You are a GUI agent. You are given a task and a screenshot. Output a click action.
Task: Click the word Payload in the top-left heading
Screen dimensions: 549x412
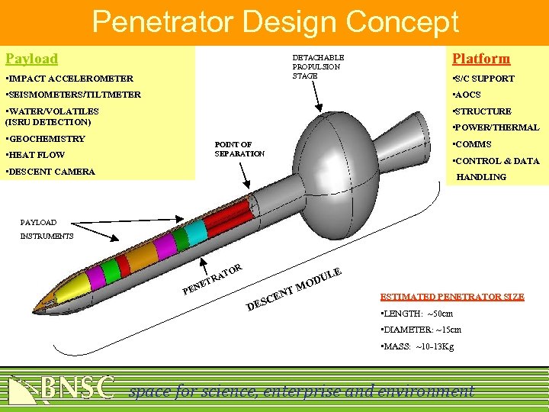[31, 59]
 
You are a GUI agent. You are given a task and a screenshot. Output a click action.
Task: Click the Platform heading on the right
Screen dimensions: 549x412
[480, 59]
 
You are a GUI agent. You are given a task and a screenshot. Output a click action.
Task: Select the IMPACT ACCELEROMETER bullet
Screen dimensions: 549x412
[69, 79]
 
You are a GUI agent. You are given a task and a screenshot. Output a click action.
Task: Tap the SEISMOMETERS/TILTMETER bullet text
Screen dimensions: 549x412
[73, 95]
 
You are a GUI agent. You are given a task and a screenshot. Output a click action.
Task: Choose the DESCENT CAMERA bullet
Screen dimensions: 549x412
[50, 172]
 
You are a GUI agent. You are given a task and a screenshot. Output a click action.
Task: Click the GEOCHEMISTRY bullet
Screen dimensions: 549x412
[45, 139]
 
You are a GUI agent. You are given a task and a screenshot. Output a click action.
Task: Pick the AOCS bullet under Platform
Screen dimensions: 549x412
[467, 95]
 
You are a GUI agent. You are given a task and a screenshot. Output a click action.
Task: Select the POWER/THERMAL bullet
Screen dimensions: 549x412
[496, 127]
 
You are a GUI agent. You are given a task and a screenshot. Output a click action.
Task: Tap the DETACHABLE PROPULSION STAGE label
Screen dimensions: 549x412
[318, 66]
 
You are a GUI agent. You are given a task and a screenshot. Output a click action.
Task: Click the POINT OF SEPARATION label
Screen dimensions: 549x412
[239, 149]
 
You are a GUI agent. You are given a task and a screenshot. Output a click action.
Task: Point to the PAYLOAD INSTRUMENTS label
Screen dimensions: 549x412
[47, 229]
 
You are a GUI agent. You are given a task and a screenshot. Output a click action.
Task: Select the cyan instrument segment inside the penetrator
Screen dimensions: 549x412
[196, 232]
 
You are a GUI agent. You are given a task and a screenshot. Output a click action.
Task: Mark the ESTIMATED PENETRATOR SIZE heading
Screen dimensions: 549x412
[451, 297]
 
